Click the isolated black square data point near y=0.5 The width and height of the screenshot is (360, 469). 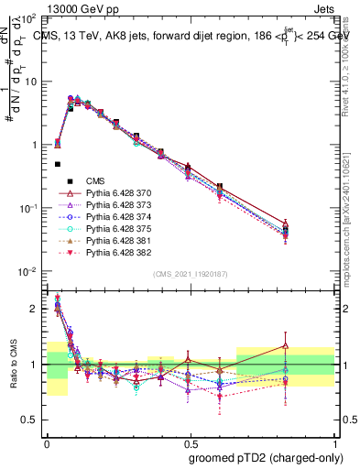(58, 165)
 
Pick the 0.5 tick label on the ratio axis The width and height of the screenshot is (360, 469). (30, 420)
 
